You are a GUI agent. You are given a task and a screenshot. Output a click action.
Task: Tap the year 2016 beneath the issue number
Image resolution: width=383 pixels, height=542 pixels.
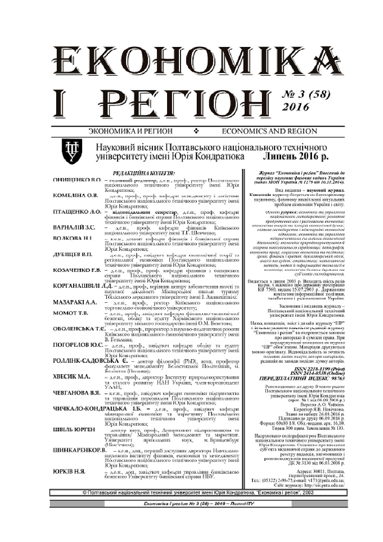296,107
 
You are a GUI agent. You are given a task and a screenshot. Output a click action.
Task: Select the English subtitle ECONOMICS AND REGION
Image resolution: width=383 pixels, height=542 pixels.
269,131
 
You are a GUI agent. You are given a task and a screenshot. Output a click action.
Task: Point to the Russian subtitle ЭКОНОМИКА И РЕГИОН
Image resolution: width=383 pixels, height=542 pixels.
130,131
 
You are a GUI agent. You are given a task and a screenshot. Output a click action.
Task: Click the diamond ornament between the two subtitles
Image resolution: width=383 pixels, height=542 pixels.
196,131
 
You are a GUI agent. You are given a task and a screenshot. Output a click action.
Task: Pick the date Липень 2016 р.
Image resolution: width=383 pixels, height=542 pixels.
295,156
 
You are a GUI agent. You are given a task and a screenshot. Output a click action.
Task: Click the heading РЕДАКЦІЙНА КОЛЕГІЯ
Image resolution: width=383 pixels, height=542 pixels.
144,173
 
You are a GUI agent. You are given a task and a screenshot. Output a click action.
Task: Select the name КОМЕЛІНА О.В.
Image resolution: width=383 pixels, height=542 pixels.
75,195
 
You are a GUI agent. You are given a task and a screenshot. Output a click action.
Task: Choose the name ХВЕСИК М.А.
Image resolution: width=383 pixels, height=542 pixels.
72,376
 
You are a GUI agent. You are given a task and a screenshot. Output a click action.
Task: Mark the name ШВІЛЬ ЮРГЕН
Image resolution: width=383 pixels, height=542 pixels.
74,430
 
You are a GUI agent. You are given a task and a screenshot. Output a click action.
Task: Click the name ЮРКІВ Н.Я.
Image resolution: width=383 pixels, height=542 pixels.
69,472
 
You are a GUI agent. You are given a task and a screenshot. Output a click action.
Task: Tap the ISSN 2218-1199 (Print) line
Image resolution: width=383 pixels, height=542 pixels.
319,369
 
